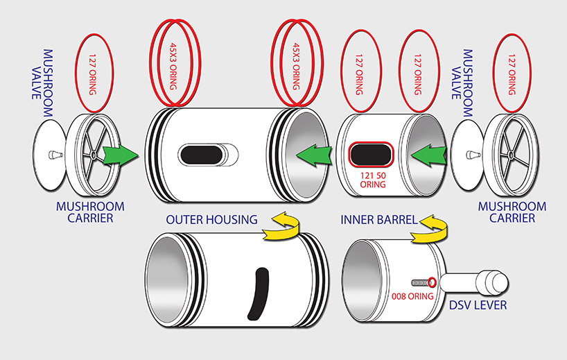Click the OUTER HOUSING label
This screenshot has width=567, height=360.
211,220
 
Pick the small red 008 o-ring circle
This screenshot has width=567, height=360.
433,282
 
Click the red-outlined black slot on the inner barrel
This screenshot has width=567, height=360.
370,154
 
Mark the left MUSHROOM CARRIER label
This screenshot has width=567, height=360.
91,212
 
